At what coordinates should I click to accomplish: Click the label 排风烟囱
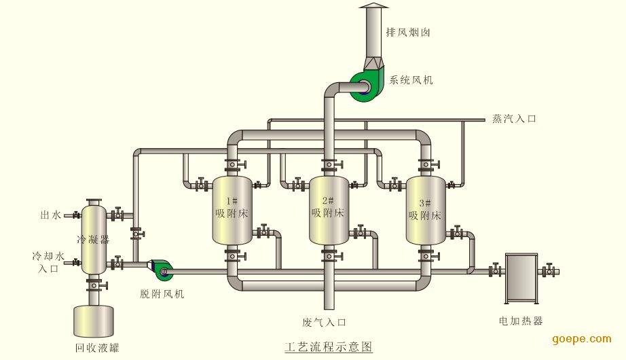tap(408, 32)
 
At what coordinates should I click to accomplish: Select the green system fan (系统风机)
tap(364, 86)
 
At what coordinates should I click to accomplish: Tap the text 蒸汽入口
tap(514, 119)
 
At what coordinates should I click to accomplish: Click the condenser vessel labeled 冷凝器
tap(93, 238)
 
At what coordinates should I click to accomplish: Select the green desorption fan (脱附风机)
tap(162, 270)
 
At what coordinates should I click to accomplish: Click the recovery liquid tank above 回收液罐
tap(93, 321)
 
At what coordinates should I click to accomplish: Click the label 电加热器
tap(520, 321)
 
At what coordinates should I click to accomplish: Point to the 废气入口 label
tap(325, 322)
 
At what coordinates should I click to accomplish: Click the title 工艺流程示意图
tap(328, 346)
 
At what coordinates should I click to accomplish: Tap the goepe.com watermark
tap(582, 338)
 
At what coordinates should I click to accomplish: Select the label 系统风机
tap(411, 79)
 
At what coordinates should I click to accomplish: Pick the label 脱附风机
tap(162, 294)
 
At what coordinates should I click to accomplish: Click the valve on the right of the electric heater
tap(548, 272)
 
